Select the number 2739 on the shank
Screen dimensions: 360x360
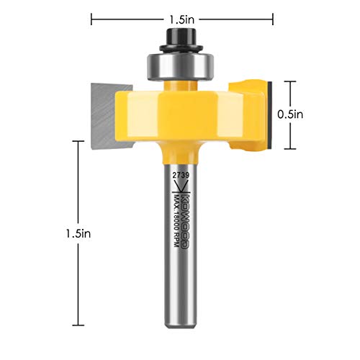(x=180, y=175)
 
